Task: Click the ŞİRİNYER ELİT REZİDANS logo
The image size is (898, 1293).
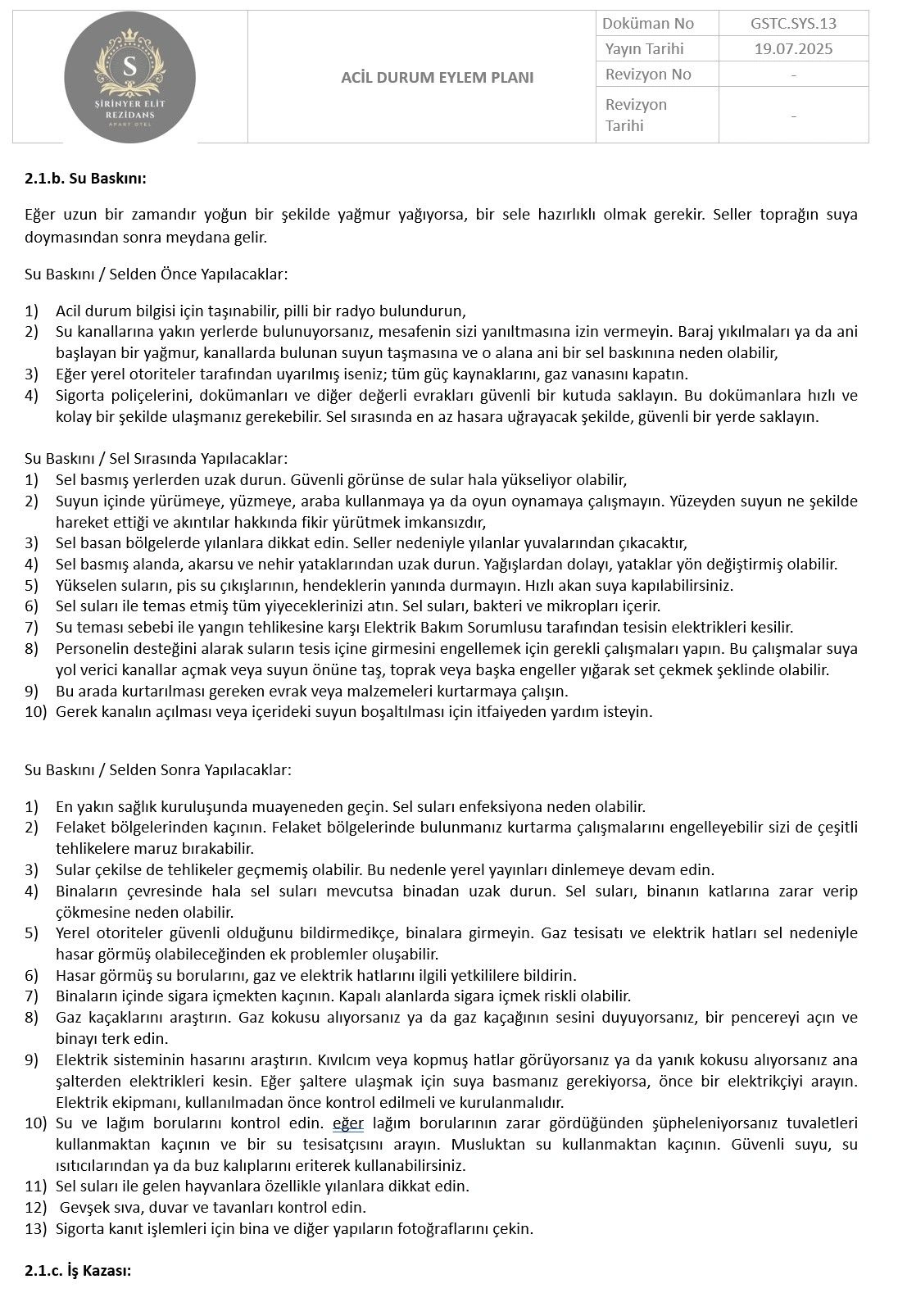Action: click(129, 79)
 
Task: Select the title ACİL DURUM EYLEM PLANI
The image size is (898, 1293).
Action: click(437, 78)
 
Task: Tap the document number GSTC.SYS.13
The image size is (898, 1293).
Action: click(793, 23)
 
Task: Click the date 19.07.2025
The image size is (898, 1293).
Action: click(793, 48)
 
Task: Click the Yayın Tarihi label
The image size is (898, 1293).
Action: click(644, 48)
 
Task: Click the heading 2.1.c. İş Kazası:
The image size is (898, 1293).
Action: click(78, 1271)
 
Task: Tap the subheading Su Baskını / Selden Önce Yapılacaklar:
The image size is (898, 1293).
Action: click(156, 274)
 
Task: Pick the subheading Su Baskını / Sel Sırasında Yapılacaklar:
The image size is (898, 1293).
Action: click(156, 459)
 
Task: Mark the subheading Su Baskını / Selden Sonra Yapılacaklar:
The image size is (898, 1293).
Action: click(158, 770)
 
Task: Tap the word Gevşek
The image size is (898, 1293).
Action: click(82, 1207)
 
